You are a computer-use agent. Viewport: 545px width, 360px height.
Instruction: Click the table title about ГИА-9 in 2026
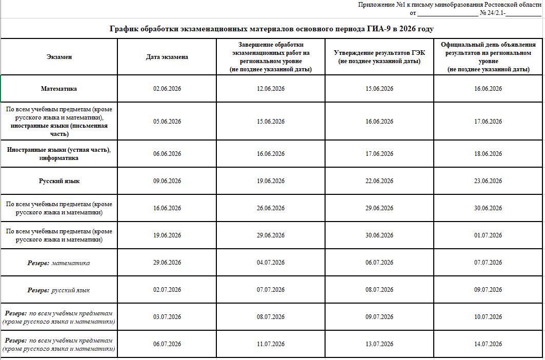(x=272, y=29)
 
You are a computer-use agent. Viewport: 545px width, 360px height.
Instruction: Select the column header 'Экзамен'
(x=59, y=57)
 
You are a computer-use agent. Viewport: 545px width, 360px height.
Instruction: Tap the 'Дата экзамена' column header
(x=167, y=57)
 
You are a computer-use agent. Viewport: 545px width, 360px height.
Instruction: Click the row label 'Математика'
(x=59, y=89)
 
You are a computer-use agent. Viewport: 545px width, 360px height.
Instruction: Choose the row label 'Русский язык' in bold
(x=59, y=181)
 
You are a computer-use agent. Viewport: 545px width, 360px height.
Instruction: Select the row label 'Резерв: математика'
(x=59, y=263)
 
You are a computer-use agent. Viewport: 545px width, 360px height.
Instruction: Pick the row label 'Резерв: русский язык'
(x=59, y=290)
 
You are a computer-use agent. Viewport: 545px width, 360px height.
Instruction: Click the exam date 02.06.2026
(x=167, y=89)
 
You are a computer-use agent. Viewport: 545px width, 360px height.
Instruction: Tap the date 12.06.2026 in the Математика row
(x=271, y=89)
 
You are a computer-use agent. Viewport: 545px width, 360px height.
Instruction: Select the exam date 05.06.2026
(x=167, y=122)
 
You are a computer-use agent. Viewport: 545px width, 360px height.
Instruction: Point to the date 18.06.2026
(x=488, y=154)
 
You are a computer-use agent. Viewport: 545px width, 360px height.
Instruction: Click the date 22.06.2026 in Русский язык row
(x=379, y=181)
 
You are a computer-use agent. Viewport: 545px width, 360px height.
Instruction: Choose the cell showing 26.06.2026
(x=271, y=208)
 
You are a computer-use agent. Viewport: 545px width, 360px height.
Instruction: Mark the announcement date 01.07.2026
(x=488, y=235)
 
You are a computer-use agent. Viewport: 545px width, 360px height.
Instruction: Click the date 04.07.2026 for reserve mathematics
(x=271, y=263)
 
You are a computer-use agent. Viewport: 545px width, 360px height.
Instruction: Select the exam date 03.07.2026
(x=167, y=317)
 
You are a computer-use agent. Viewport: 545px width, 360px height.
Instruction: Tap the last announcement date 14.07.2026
(x=488, y=344)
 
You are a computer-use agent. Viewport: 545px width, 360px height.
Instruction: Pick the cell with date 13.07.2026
(x=379, y=344)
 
